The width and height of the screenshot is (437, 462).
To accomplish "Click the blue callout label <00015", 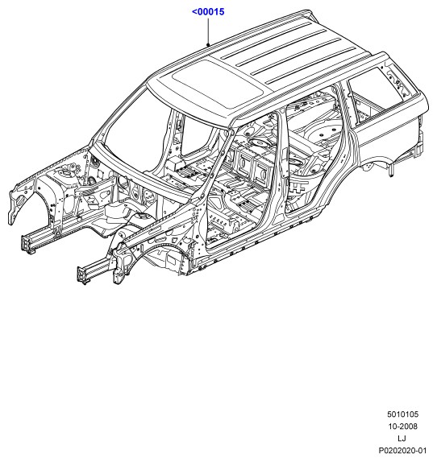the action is click(x=208, y=12).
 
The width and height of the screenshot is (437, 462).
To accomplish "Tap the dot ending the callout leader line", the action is click(x=208, y=45).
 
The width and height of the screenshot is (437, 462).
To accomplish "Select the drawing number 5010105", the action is click(x=403, y=415).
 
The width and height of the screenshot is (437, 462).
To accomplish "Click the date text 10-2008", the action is click(x=403, y=427).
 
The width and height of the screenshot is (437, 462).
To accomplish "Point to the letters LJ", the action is click(x=402, y=439).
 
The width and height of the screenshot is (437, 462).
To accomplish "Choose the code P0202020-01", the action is click(x=403, y=451).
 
